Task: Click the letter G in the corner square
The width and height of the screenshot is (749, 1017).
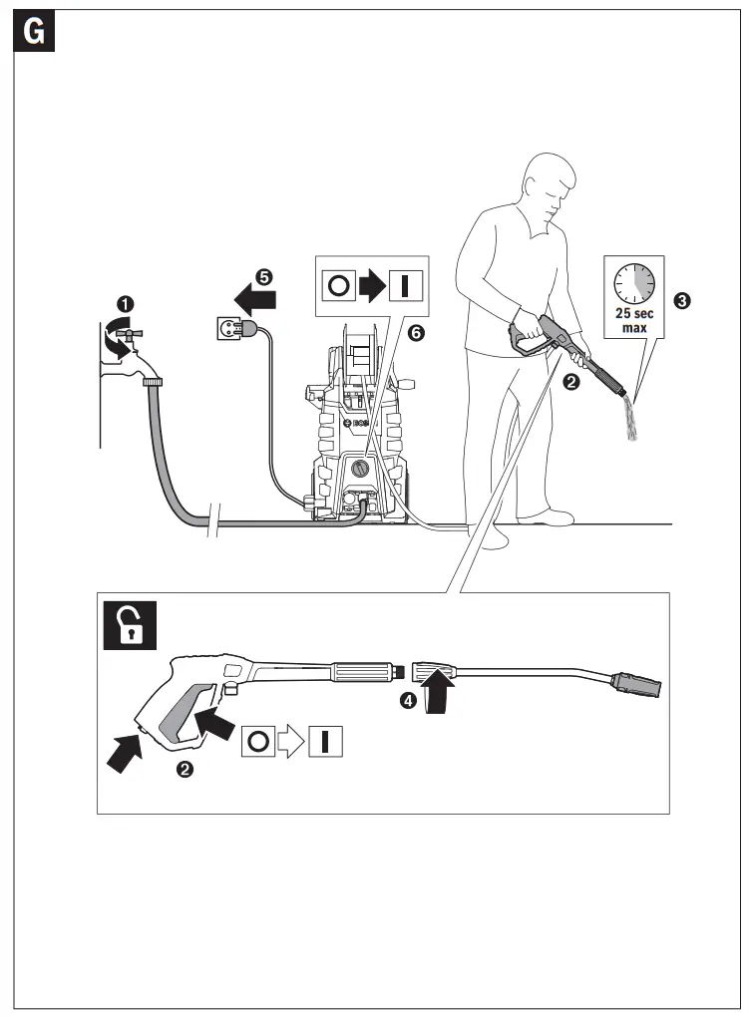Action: tap(34, 33)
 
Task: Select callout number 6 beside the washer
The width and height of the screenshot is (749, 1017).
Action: tap(417, 333)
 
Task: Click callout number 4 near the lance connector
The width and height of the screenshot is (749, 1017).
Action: tap(407, 700)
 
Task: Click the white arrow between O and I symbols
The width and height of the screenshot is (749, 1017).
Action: tap(287, 742)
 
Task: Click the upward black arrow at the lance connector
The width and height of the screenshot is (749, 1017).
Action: tap(436, 691)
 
